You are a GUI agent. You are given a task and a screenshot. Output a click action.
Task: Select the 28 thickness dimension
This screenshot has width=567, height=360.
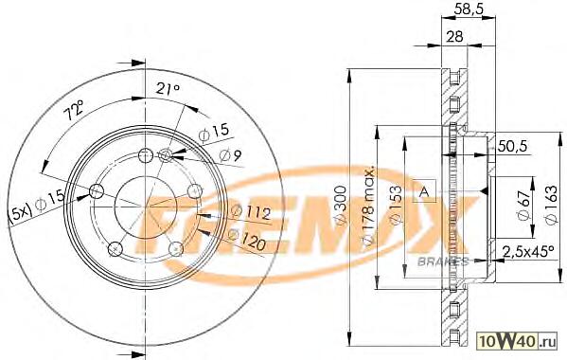454,37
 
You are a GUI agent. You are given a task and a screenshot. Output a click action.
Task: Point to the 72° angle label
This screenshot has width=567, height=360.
74,110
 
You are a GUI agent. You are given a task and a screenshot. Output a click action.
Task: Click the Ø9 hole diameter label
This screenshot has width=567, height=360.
230,155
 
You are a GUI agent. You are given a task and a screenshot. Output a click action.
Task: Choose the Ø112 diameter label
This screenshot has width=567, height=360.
250,212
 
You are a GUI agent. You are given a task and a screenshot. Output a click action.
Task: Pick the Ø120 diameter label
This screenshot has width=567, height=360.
247,240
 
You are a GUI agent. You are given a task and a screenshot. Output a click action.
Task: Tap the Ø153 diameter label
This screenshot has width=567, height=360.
397,206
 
